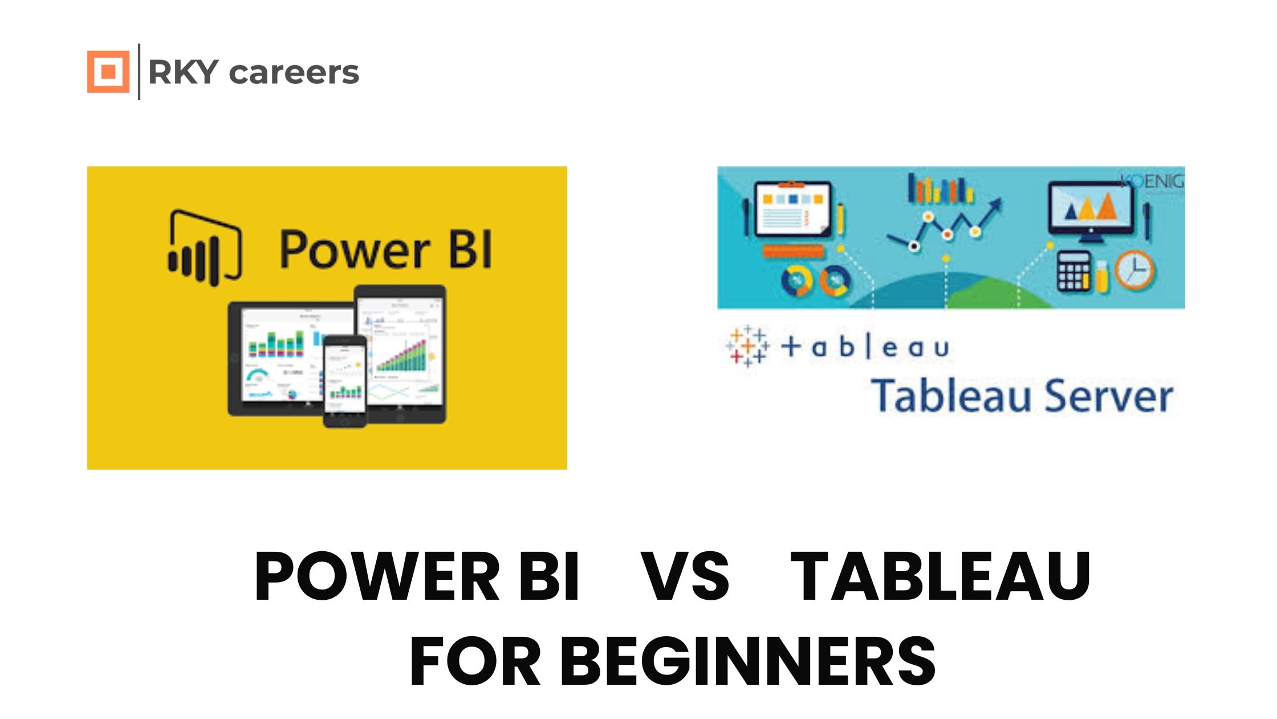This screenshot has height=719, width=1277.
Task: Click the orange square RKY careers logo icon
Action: tap(108, 71)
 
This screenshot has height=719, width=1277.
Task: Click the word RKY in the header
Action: tap(183, 72)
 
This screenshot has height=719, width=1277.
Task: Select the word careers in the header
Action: tap(294, 73)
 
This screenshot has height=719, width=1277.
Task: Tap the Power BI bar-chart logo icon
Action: tap(204, 248)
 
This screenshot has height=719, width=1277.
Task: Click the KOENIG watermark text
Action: tap(1152, 181)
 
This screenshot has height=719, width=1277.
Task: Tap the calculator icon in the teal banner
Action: tap(1074, 272)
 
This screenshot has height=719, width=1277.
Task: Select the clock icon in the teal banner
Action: tap(1134, 270)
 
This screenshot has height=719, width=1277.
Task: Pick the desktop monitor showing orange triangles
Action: tap(1091, 209)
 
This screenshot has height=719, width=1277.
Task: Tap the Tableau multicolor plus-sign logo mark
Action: tap(747, 346)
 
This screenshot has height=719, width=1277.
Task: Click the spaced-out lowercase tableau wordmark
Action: tap(865, 346)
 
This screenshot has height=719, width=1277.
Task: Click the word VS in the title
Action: tap(685, 576)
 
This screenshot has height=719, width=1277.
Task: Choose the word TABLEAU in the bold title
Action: tap(941, 576)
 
